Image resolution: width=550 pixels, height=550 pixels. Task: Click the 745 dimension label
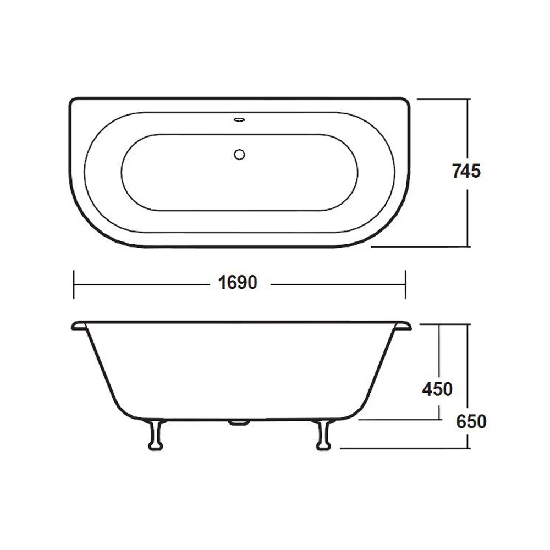(466, 172)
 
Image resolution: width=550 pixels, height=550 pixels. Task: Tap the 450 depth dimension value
(437, 389)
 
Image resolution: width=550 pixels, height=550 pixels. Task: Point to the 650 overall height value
(471, 422)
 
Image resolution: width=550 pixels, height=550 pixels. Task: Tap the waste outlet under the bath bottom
(239, 422)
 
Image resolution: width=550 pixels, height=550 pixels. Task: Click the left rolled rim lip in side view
(78, 326)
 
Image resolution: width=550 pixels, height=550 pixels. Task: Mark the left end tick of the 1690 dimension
(74, 284)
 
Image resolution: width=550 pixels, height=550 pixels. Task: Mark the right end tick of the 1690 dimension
(406, 284)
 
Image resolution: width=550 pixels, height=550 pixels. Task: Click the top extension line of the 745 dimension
(443, 99)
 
